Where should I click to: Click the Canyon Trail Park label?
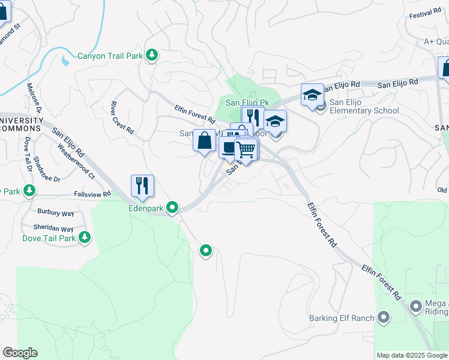(x=110, y=56)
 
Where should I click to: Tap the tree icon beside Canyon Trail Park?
(x=152, y=55)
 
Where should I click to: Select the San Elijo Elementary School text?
(x=364, y=110)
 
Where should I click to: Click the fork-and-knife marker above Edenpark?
(x=142, y=186)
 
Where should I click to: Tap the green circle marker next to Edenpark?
(x=173, y=208)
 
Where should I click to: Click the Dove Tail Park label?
(x=49, y=238)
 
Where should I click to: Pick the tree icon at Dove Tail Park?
(x=85, y=238)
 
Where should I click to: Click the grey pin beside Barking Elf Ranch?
(x=384, y=317)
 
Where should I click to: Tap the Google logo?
(x=20, y=353)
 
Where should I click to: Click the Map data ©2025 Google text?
(x=411, y=355)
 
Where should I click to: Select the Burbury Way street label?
(x=55, y=213)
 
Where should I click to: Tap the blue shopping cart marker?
(x=246, y=149)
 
